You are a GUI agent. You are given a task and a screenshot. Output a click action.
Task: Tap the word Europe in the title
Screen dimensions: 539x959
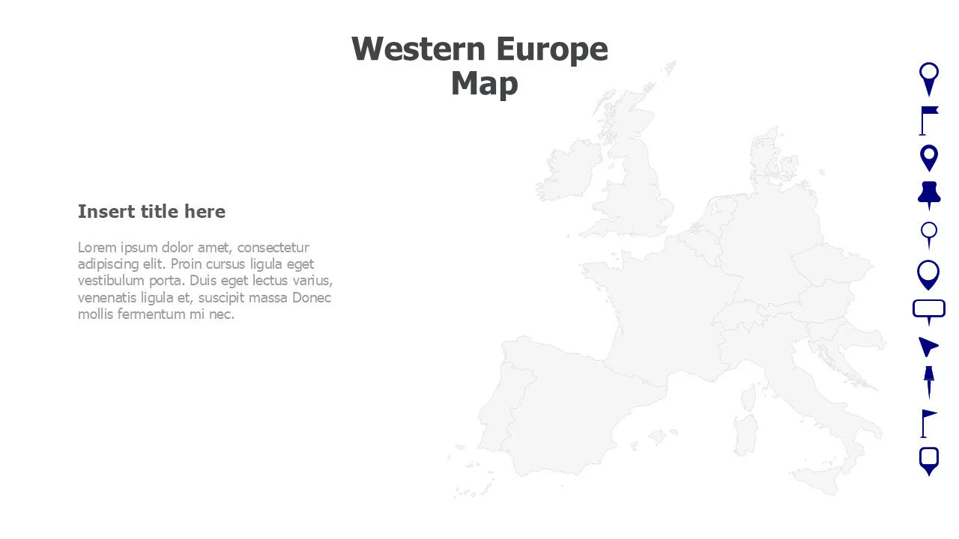pyautogui.click(x=552, y=49)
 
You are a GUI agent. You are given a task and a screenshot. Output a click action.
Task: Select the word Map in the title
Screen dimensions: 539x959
pyautogui.click(x=484, y=83)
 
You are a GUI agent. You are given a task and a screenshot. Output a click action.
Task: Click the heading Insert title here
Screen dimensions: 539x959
pyautogui.click(x=151, y=212)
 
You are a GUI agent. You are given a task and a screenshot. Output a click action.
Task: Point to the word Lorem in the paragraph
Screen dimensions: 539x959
pyautogui.click(x=97, y=248)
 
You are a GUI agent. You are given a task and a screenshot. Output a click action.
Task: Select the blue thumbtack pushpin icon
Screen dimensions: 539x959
pyautogui.click(x=929, y=195)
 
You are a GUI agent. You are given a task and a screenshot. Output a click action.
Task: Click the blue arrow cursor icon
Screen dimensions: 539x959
pyautogui.click(x=928, y=346)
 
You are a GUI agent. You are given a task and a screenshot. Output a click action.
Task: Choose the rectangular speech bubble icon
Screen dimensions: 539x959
pyautogui.click(x=929, y=310)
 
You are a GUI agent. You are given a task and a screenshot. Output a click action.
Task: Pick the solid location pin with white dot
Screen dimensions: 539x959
pyautogui.click(x=929, y=158)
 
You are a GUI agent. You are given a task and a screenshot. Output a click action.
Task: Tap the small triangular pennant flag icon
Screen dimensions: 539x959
pyautogui.click(x=928, y=422)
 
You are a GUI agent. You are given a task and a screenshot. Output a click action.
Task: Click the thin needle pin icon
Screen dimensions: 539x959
pyautogui.click(x=929, y=382)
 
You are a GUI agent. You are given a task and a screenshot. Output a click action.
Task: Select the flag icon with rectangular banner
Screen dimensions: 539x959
pyautogui.click(x=928, y=120)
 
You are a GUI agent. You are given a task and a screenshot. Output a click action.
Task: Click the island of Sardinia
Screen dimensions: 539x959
pyautogui.click(x=745, y=435)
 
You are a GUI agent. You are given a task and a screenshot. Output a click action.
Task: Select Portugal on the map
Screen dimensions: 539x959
pyautogui.click(x=495, y=411)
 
